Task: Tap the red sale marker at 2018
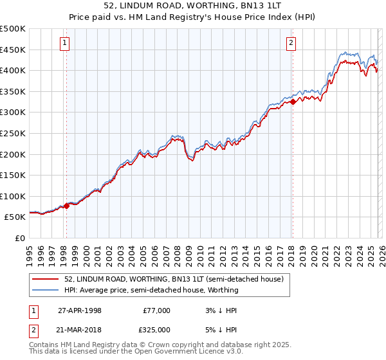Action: pos(293,102)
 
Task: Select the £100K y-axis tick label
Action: pos(13,196)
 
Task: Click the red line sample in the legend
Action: pos(46,279)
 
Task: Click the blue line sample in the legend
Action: pos(46,290)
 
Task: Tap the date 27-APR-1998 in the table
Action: pos(80,310)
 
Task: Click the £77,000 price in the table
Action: pos(156,310)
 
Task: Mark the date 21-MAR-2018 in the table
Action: pos(80,330)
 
